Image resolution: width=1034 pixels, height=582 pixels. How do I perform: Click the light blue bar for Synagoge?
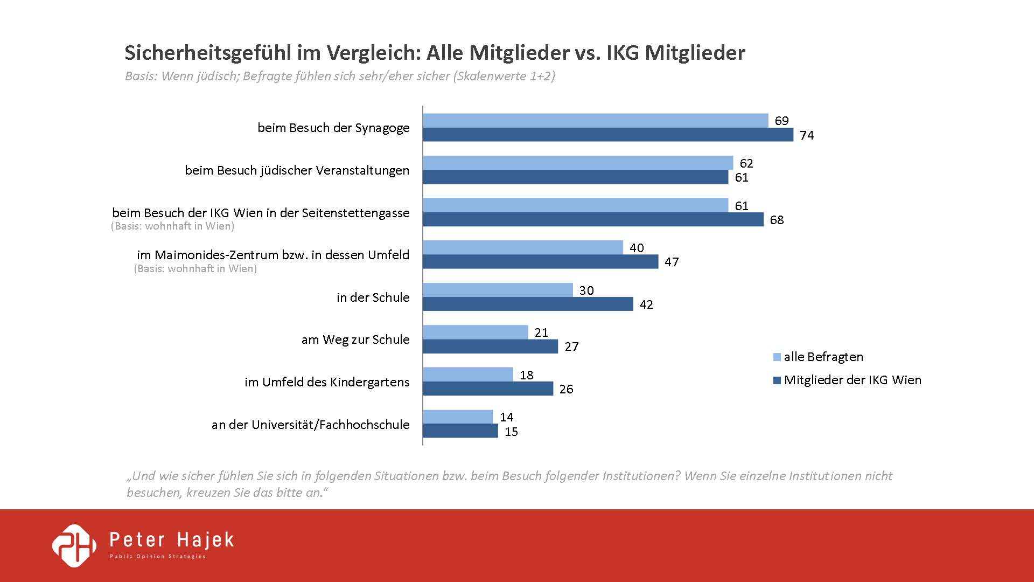595,121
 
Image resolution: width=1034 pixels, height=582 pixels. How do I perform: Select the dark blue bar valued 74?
608,135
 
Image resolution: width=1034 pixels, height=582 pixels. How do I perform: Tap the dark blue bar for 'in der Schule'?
528,304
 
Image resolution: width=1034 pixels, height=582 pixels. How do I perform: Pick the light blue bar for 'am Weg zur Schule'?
476,332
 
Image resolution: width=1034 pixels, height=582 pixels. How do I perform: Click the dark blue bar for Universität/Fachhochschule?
460,431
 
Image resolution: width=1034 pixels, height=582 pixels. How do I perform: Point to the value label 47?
672,262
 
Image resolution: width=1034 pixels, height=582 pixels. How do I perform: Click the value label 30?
586,290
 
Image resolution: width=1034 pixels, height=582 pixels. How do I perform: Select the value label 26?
566,389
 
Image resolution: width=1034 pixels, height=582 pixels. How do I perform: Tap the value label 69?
781,121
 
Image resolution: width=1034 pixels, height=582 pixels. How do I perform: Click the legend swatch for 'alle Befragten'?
777,357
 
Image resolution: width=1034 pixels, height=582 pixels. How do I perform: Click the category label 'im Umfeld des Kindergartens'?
327,382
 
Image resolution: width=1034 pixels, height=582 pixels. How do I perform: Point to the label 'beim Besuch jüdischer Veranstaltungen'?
297,170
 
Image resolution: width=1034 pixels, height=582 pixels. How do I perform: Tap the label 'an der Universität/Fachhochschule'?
310,425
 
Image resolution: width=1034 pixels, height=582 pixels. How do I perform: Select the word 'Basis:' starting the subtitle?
141,76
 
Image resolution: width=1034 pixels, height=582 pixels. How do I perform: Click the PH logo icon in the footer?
74,545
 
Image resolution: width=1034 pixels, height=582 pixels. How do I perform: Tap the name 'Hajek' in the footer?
206,540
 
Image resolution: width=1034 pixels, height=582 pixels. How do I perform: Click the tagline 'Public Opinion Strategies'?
158,556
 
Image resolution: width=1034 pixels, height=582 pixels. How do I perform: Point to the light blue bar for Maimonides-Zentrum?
523,248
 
